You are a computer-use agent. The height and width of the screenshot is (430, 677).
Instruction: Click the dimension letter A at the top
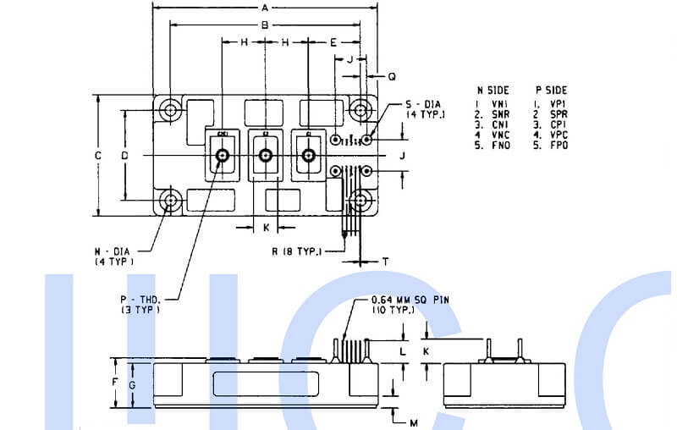pos(264,8)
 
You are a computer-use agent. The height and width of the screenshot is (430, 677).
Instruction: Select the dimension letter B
pos(264,25)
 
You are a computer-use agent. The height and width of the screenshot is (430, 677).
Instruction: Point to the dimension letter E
pos(333,41)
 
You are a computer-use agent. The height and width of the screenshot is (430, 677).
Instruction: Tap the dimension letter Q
pos(391,76)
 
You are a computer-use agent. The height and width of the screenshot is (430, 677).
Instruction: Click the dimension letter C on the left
pos(98,156)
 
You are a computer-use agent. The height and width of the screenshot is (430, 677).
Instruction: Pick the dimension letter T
pos(385,262)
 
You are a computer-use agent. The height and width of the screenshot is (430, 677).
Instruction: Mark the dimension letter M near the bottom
pos(412,421)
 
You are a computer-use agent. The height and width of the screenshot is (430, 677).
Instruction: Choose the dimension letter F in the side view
pos(115,383)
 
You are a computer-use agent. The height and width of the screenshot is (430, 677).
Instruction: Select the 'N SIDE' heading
pos(493,90)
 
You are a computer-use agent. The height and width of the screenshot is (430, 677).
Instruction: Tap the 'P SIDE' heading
pos(551,90)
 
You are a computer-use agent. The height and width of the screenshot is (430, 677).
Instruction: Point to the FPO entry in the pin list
pos(559,146)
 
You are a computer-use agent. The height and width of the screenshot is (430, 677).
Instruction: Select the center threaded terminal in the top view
pos(265,155)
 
